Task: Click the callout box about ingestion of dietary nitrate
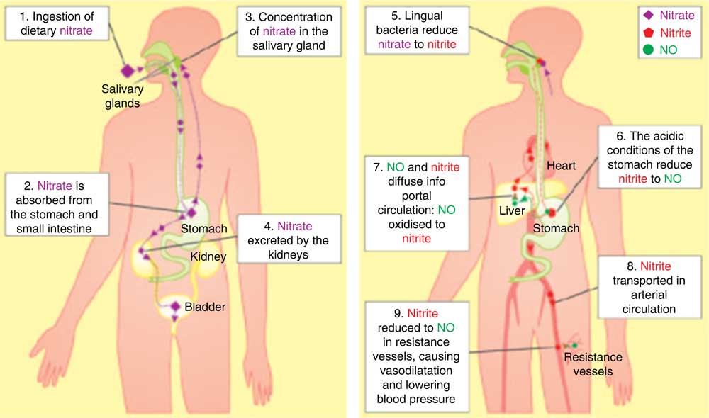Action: tap(57, 23)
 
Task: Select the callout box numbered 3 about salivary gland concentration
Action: tap(289, 31)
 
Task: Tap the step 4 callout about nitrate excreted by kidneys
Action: tap(289, 240)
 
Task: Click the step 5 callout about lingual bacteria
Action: tap(417, 30)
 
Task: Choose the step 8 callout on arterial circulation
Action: tap(649, 288)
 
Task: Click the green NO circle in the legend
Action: tap(649, 50)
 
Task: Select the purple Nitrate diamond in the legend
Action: tap(649, 15)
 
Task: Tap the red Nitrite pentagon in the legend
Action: tap(649, 32)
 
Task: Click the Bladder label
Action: tap(205, 307)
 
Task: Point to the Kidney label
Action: tap(208, 256)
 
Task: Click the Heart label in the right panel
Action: tap(561, 165)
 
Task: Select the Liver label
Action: tap(512, 210)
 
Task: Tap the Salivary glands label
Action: tap(122, 96)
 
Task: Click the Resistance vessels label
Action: tap(593, 364)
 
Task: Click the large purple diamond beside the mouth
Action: tap(128, 71)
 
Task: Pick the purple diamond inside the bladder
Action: tap(175, 306)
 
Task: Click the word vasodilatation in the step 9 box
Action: tap(416, 371)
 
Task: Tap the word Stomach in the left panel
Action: tap(204, 229)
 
